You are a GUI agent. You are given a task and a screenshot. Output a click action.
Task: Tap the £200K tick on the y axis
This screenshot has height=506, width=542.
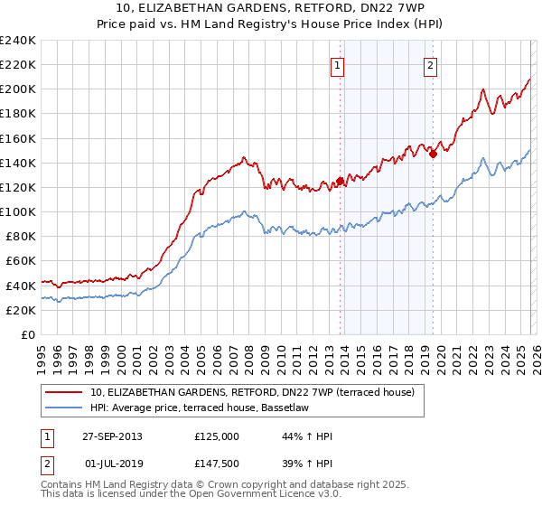(18, 89)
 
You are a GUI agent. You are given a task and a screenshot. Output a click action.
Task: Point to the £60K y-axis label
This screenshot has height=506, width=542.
(21, 260)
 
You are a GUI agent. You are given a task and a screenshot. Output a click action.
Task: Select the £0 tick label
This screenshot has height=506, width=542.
(30, 334)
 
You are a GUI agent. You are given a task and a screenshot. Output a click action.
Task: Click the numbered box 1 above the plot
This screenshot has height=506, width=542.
(337, 65)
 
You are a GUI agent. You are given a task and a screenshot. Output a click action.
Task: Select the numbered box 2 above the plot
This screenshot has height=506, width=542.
(430, 65)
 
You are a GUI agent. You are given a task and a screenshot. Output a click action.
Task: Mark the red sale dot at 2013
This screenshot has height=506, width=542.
(340, 181)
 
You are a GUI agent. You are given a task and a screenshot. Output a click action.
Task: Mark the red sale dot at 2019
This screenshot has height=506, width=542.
(433, 154)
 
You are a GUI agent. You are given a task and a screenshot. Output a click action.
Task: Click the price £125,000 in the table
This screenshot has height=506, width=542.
(217, 436)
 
